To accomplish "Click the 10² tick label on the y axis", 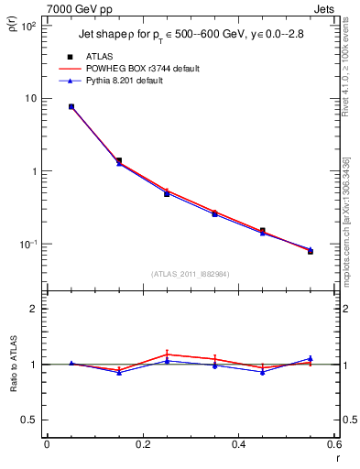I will (x=27, y=26).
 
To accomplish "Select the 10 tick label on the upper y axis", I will (x=30, y=98).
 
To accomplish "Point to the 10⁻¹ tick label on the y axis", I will (x=27, y=245).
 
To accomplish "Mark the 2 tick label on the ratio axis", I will (x=32, y=309).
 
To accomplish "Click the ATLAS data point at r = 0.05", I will (x=71, y=106).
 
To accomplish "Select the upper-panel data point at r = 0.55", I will (x=311, y=250).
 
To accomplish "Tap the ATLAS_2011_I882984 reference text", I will (x=191, y=274).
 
